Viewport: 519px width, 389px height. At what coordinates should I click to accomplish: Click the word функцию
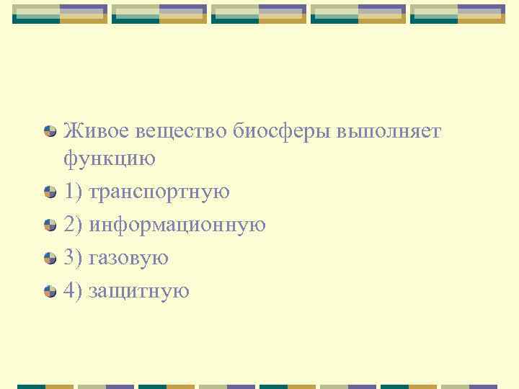tap(110, 157)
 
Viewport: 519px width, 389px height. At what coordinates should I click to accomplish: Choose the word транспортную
tap(159, 192)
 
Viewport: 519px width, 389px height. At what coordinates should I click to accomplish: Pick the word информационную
tap(177, 225)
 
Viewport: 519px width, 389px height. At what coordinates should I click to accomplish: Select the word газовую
tap(128, 258)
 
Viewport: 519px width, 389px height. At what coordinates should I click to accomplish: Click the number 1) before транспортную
tap(73, 192)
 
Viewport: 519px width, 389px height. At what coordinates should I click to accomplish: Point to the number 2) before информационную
tap(73, 225)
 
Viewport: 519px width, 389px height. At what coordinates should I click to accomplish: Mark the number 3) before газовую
tap(73, 258)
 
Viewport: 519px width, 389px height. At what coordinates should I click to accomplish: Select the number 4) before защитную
tap(73, 291)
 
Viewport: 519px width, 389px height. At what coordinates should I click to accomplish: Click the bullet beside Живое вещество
tap(50, 132)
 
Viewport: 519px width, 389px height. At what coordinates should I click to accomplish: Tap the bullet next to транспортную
tap(50, 192)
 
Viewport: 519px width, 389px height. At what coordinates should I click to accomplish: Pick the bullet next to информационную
tap(50, 225)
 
